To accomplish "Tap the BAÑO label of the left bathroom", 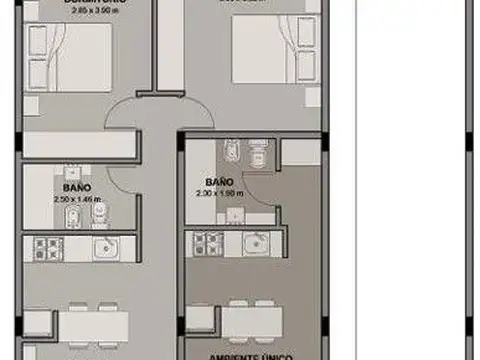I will pyautogui.click(x=76, y=187).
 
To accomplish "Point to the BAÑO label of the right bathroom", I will pyautogui.click(x=220, y=182).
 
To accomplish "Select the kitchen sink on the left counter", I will pyautogui.click(x=103, y=247).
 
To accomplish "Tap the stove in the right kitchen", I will pyautogui.click(x=206, y=242).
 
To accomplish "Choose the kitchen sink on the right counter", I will pyautogui.click(x=255, y=241).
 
